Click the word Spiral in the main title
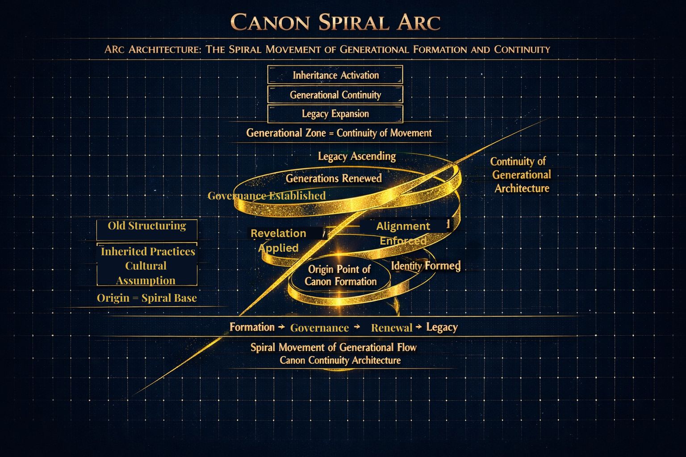(x=353, y=22)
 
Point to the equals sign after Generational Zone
(x=331, y=133)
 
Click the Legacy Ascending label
(x=357, y=156)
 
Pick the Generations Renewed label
(x=334, y=178)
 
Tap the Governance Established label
(x=267, y=195)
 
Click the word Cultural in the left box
(x=146, y=266)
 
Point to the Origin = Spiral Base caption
(x=146, y=298)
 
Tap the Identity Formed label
(x=426, y=266)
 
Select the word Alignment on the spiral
(x=403, y=226)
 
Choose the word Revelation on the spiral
(x=278, y=233)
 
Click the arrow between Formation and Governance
(x=281, y=327)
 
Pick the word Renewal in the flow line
(x=392, y=328)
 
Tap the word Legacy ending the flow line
(x=442, y=327)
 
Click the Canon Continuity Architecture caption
(x=340, y=360)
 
